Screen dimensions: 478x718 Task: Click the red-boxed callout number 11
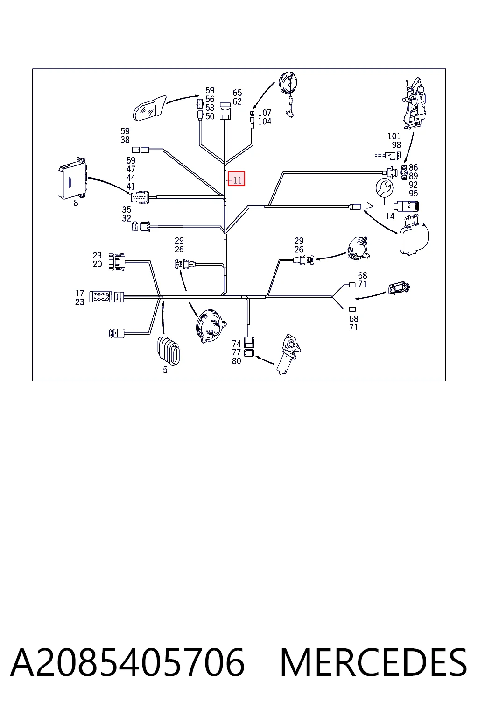click(x=236, y=179)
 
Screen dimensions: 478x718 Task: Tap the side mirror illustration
click(x=149, y=108)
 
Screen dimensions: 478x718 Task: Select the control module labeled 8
click(x=73, y=178)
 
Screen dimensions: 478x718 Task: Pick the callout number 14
click(x=390, y=216)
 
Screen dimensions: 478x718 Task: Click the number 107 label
click(x=265, y=113)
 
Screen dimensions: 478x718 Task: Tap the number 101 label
click(x=394, y=136)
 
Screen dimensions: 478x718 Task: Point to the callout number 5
click(x=165, y=370)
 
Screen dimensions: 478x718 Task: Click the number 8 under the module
click(x=76, y=203)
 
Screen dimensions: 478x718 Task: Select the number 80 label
click(x=236, y=361)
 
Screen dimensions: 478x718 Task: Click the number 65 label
click(x=237, y=93)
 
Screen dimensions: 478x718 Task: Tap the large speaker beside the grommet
click(x=211, y=326)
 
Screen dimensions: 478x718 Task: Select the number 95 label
click(x=413, y=193)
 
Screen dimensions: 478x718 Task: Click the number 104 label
click(x=265, y=122)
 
